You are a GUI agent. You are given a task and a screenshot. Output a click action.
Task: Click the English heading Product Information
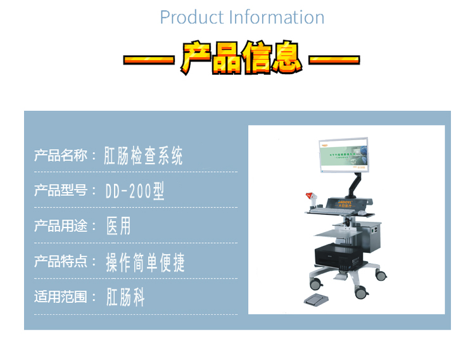(x=242, y=17)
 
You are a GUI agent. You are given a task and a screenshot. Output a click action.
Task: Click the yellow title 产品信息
(x=241, y=58)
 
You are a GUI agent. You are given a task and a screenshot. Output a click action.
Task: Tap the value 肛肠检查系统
(x=144, y=155)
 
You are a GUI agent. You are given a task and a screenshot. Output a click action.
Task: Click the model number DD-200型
(x=135, y=191)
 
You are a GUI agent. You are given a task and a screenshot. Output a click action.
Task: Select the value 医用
(x=118, y=226)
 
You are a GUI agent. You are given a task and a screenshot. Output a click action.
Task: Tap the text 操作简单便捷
(x=145, y=262)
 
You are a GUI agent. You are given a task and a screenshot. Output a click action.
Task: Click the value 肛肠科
(x=126, y=297)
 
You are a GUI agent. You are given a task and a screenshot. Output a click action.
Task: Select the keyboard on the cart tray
(x=329, y=211)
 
